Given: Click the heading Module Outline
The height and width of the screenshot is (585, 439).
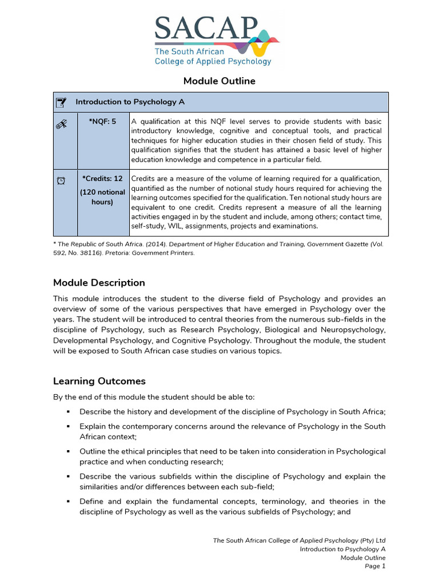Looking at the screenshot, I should pos(219,81).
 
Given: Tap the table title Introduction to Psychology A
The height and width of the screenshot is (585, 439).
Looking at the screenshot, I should pos(130,102).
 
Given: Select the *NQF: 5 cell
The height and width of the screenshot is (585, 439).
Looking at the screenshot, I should pos(103,121).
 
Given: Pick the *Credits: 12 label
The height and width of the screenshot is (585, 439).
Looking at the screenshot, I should pos(103,179).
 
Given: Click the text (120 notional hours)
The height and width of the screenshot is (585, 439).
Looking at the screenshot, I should pos(103,197).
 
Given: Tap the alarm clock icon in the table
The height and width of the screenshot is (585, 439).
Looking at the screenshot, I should pos(61,181).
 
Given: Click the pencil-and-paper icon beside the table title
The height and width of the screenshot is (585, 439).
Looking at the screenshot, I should pos(61,103).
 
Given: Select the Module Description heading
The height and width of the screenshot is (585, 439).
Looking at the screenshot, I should pos(99,283).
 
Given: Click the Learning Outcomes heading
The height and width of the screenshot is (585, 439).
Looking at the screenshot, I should pos(99,381).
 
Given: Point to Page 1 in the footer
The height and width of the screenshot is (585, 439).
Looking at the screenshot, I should pos(375,566).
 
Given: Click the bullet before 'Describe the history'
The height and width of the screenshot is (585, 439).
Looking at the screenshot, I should pos(67,412).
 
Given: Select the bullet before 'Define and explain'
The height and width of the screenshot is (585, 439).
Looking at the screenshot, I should pos(67,502).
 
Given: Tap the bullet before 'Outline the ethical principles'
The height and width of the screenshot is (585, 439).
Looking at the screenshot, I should pos(67,452).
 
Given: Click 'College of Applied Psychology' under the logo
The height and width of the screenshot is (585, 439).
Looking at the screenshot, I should pos(213,61).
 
